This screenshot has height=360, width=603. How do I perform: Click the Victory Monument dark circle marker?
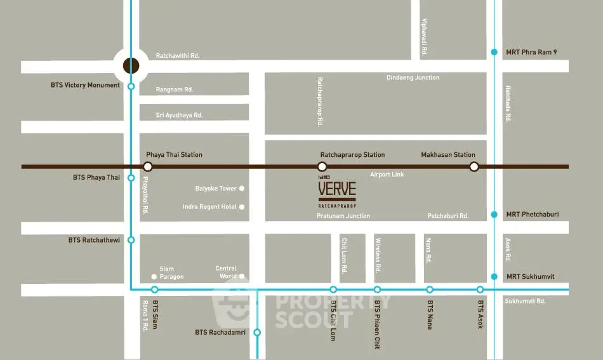point(131,65)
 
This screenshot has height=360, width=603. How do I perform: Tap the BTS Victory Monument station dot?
point(131,86)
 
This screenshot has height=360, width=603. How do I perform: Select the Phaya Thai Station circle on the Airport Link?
point(147,166)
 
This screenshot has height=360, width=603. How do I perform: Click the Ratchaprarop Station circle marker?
point(321,166)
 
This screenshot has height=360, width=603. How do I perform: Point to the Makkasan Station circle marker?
point(474,166)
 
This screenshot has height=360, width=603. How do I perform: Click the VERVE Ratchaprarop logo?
point(336,192)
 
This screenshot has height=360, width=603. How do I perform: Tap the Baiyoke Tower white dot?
point(242,189)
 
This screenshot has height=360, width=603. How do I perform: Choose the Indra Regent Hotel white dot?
point(242,207)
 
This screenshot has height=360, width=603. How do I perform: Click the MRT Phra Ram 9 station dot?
point(494,52)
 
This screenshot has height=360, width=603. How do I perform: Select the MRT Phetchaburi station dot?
point(494,215)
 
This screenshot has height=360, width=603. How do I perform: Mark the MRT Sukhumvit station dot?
point(494,277)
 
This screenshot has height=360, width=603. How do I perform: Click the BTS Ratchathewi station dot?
point(131,240)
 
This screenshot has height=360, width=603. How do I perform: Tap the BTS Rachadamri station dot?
point(257,332)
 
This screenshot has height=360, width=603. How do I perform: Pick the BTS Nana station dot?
point(430,290)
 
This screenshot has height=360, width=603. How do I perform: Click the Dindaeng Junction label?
point(413,78)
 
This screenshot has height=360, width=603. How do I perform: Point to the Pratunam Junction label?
point(343,217)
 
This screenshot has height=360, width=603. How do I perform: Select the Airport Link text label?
point(387,174)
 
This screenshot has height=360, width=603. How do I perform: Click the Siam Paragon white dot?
point(154,277)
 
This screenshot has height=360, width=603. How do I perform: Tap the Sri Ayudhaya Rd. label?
point(179,115)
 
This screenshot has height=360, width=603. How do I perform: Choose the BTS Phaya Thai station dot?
point(131,178)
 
